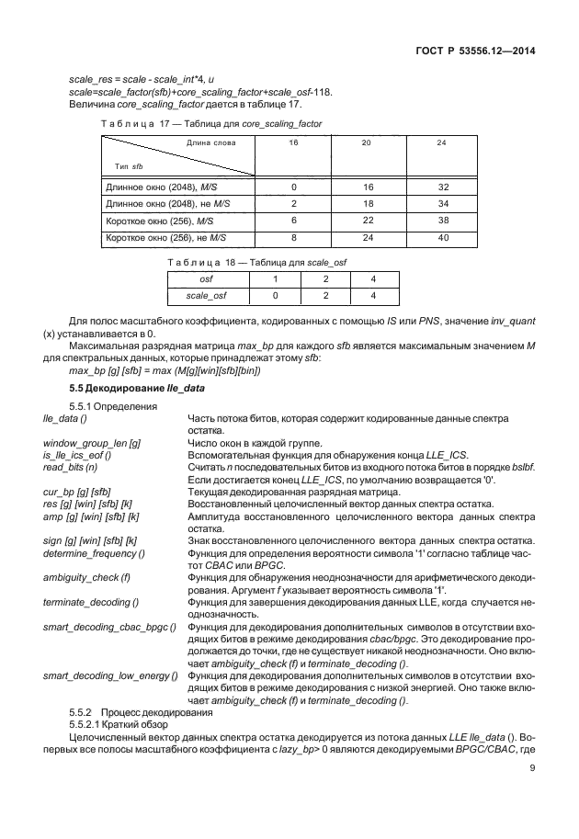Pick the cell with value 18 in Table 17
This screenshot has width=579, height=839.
click(367, 203)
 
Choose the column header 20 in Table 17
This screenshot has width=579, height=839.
click(367, 144)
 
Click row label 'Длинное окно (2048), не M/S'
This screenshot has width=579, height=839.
click(165, 203)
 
